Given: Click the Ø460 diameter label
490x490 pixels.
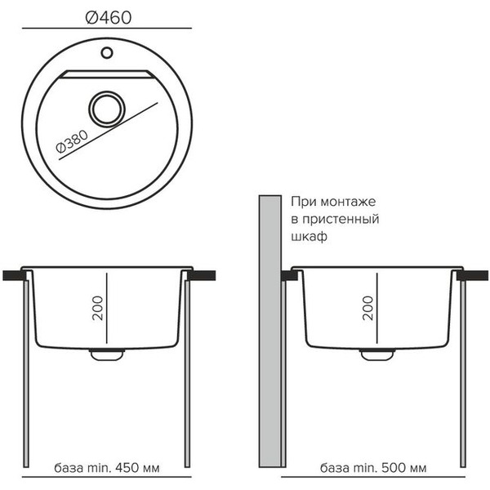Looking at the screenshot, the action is pos(108,17).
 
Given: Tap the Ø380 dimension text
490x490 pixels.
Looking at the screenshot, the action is pos(72,142).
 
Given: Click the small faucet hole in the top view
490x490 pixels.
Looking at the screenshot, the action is pos(107,52).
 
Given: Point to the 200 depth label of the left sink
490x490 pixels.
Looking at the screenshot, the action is pos(98,308).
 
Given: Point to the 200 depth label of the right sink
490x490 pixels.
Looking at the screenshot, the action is pos(368,308).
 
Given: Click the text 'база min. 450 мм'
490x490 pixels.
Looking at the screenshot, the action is pos(106,468).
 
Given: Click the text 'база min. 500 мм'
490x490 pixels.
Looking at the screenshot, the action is pos(373,468).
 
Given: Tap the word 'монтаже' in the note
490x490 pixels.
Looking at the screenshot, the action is pos(348,202).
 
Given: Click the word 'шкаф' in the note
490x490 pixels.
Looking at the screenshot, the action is pos(309,237).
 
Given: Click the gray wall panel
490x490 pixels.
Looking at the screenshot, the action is pos(270,332).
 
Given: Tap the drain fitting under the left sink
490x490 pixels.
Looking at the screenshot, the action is pos(106,354).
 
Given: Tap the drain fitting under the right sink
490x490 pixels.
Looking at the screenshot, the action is pos(377,354).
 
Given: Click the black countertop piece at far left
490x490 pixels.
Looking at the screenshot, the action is pos(15,275).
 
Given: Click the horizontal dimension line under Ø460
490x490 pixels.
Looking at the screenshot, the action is pos(107,28).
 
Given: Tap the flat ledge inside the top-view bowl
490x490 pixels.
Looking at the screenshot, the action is pos(107,74).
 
